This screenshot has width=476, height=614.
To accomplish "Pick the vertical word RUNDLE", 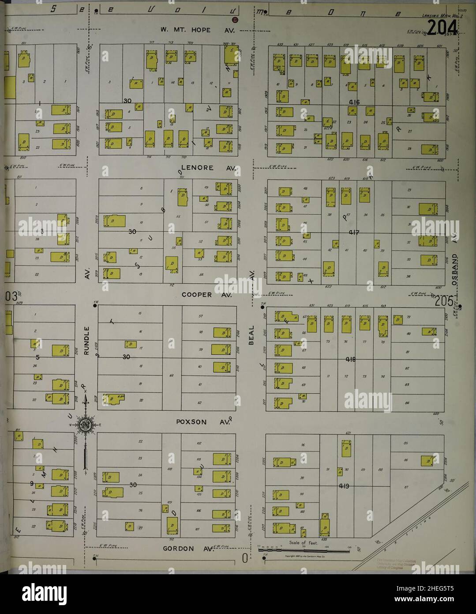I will click(x=87, y=340).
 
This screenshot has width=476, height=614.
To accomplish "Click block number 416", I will click(x=354, y=102).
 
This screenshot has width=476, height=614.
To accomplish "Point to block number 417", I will click(x=354, y=231).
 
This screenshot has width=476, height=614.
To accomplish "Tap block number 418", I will click(x=351, y=359).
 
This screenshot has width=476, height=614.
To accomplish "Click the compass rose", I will click(x=84, y=425).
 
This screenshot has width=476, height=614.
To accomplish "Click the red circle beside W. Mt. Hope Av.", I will click(x=235, y=20).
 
